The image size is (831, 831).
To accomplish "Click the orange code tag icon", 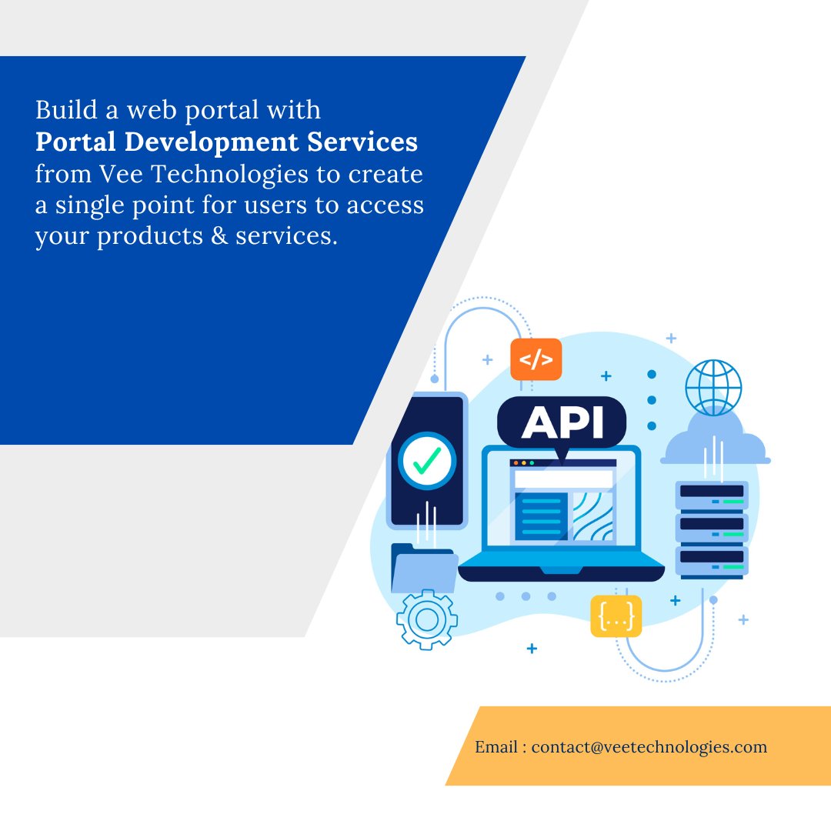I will [536, 359].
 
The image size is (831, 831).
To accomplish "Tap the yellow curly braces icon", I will [616, 616].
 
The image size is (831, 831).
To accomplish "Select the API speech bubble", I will [562, 422].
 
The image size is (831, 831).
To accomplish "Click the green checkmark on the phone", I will [426, 460].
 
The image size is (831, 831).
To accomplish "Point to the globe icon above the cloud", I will [713, 388].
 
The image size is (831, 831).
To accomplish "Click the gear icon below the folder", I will [426, 619].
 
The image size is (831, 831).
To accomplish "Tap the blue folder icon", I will [423, 569].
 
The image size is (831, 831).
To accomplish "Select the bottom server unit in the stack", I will [712, 560].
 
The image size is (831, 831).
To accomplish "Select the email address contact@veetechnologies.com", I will [649, 746].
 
